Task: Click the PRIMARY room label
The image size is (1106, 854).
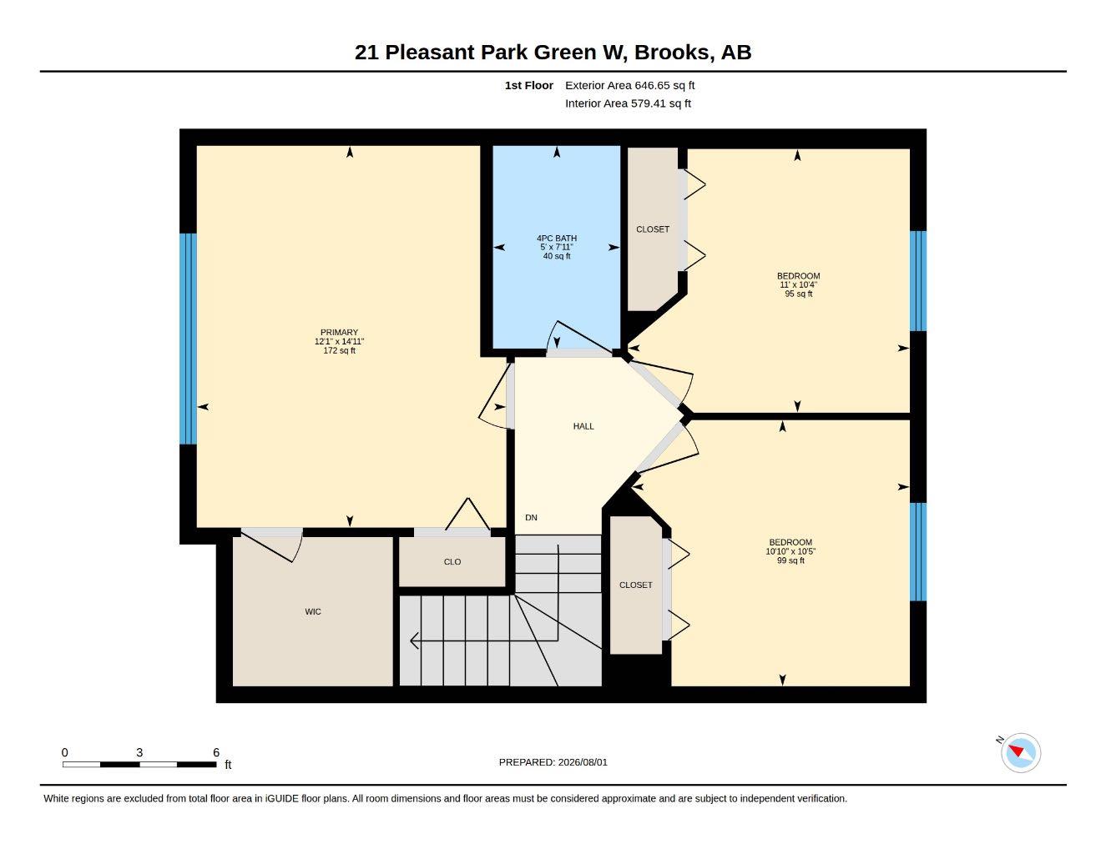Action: [339, 333]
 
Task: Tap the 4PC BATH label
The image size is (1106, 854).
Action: [556, 238]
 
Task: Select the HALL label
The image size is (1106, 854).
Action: [583, 426]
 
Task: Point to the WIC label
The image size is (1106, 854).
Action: [313, 611]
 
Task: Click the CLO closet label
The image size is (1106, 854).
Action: [452, 562]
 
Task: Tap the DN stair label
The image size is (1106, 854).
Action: [531, 517]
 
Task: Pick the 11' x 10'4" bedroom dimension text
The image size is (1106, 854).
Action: [798, 284]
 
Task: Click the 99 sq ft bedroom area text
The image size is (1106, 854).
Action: [790, 560]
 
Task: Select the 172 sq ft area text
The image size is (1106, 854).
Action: [339, 350]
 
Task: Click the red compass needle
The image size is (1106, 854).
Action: [1017, 751]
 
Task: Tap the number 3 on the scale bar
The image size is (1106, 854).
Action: [139, 752]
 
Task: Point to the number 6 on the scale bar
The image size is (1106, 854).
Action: [216, 752]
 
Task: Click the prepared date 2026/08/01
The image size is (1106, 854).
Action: [583, 762]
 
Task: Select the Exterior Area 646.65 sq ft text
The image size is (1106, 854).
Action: [629, 85]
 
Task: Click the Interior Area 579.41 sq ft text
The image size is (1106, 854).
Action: [628, 103]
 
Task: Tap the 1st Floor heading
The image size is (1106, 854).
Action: [529, 85]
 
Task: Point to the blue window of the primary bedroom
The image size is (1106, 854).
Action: [189, 339]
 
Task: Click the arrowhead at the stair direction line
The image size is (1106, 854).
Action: [414, 640]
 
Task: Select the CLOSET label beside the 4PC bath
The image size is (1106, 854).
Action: [653, 229]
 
